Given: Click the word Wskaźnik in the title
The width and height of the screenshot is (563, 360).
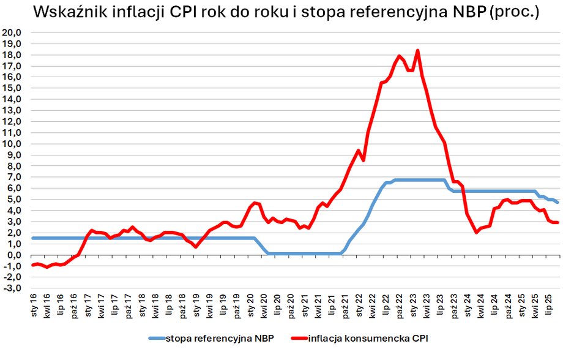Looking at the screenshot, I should [x=68, y=13].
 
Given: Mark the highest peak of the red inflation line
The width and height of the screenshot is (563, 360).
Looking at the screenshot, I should [x=417, y=51].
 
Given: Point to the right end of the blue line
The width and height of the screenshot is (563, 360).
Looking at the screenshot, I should [x=557, y=202].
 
